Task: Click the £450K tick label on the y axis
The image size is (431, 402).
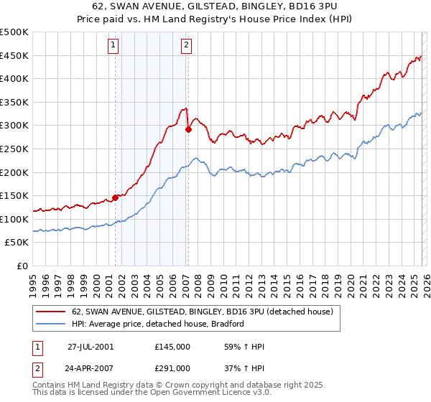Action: pos(14,55)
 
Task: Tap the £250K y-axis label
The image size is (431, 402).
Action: pos(14,149)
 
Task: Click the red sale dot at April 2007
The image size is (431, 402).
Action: pos(188,130)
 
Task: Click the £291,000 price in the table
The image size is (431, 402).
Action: pos(172,368)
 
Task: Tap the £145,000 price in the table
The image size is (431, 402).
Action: pos(172,346)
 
